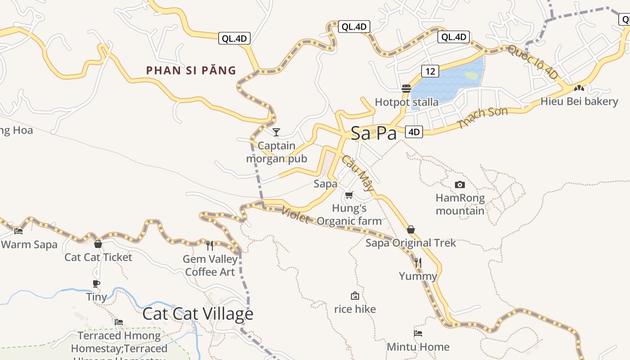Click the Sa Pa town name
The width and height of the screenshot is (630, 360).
373,133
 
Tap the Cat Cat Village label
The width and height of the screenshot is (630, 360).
198,314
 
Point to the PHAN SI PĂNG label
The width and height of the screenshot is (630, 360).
191,70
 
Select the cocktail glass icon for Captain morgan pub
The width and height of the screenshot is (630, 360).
276,132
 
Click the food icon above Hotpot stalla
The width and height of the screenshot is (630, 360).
406,88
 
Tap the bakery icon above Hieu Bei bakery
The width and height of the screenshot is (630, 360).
579,88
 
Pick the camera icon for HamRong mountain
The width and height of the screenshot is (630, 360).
459,184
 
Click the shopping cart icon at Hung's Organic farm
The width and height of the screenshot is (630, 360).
349,195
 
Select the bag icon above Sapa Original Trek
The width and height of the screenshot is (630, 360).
410,229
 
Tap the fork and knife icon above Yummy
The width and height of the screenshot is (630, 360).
418,262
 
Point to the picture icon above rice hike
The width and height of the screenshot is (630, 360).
355,296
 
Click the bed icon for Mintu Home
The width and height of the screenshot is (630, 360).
418,333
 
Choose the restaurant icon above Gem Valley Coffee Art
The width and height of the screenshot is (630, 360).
210,245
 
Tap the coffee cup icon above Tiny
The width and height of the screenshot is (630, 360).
96,283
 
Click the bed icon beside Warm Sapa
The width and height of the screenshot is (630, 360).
18,231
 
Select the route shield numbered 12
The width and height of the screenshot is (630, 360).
430,71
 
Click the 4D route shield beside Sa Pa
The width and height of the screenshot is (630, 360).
414,132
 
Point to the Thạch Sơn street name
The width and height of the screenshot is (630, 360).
482,117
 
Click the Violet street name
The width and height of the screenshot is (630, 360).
295,215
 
